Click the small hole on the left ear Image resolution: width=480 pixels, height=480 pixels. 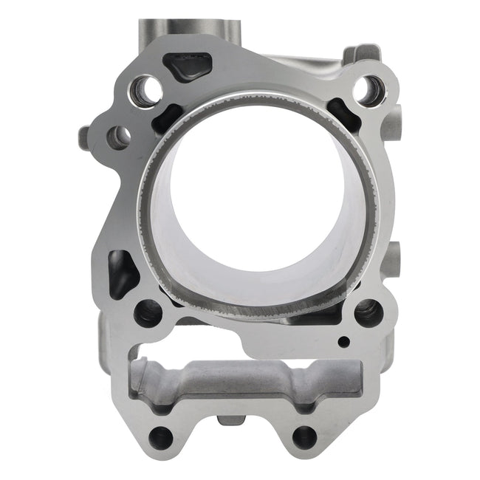118,136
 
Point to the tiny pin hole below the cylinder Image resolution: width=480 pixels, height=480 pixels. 343,341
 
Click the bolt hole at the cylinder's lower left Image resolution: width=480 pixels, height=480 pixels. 148,313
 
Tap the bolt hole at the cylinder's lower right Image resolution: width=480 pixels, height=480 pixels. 367,312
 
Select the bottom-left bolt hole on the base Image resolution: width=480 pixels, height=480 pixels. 160,437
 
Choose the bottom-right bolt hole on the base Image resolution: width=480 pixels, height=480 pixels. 304,436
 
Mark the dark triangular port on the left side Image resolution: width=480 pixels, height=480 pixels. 121,272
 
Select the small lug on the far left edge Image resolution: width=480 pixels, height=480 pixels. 83,136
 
